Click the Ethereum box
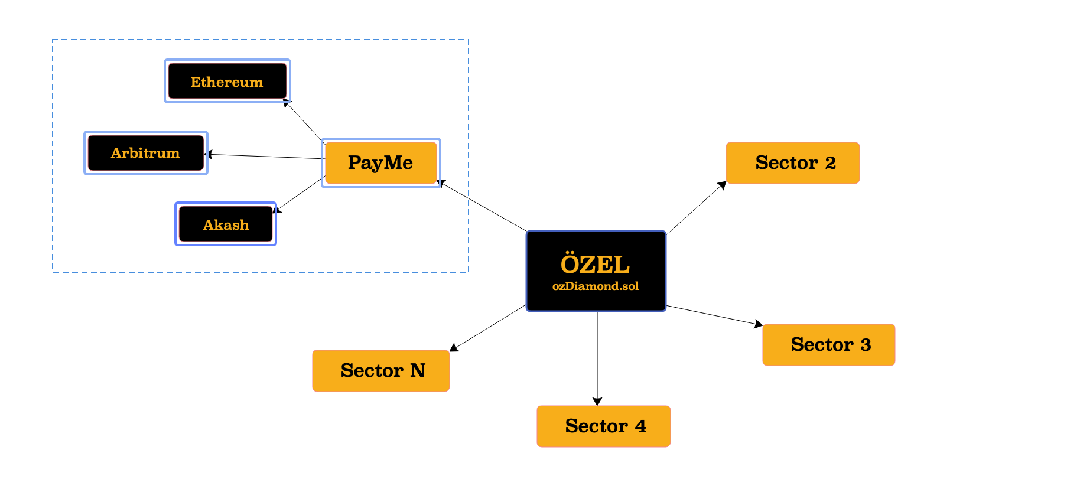coord(227,82)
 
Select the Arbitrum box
coord(146,153)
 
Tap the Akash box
coord(226,224)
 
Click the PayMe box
coord(380,163)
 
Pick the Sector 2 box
coord(792,163)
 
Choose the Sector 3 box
coord(828,345)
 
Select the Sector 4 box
coord(603,426)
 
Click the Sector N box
coord(381,371)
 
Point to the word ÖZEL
coord(595,265)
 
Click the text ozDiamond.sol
coord(596,286)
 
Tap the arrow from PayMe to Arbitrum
coord(266,157)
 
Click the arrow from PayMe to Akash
coord(300,194)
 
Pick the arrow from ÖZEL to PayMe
coord(483,206)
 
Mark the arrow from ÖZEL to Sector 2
coord(696,208)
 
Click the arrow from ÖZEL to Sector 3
coord(714,315)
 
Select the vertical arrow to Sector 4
coord(597,358)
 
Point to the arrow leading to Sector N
coord(488,328)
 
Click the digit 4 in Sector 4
coord(640,426)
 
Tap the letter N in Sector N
coord(418,371)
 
